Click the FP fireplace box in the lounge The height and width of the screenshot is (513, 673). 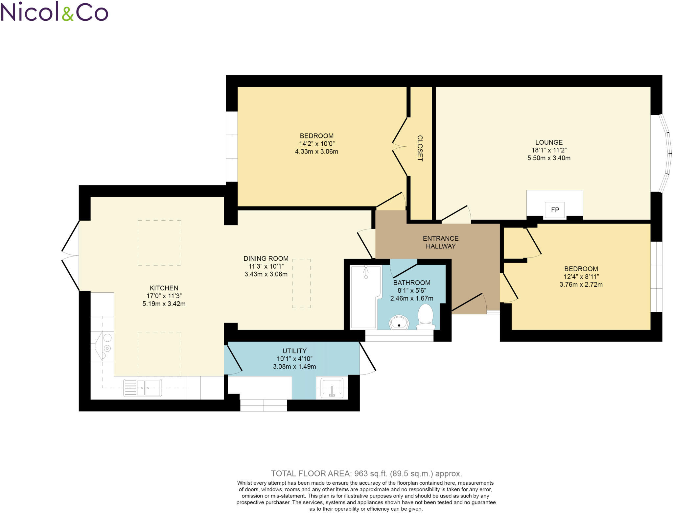coord(555,210)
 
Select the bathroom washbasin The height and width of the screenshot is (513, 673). coord(399,323)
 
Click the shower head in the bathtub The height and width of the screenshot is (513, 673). coord(366,272)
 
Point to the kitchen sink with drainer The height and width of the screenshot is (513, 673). coord(143,388)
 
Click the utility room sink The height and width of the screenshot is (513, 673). coord(332,388)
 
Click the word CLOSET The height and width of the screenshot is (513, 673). coord(420,148)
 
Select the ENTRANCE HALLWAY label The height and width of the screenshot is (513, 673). coord(440,242)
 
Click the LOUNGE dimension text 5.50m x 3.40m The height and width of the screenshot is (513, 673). coord(549,158)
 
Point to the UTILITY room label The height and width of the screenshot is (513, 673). coord(294,351)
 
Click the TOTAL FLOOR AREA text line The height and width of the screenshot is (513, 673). coord(366,474)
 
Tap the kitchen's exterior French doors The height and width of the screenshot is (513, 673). coord(70,256)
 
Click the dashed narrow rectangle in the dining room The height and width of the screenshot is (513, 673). coord(301,283)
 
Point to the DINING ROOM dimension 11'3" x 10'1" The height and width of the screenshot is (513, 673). coord(266,266)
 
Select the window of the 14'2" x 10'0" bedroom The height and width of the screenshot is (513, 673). coord(232,147)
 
